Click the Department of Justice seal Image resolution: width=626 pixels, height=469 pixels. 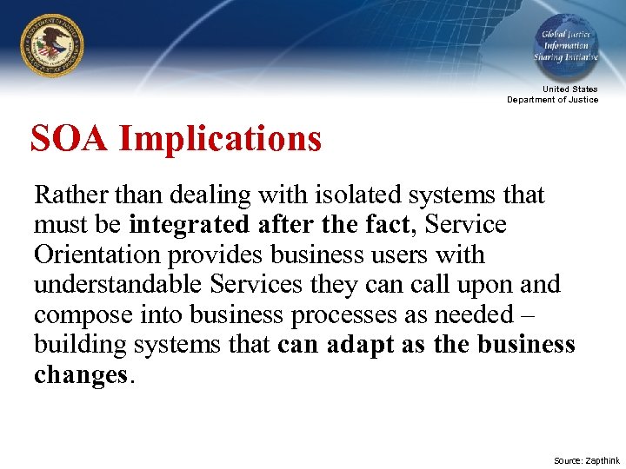pos(53,45)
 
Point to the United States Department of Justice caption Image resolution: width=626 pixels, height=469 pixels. pos(553,94)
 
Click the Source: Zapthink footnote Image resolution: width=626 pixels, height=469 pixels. pos(587,460)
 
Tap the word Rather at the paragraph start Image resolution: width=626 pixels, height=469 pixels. pos(67,194)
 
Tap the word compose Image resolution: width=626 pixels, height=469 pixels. pos(74,315)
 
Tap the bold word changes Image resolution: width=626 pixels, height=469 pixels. pos(80,376)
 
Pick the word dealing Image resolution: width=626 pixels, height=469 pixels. pos(208,194)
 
